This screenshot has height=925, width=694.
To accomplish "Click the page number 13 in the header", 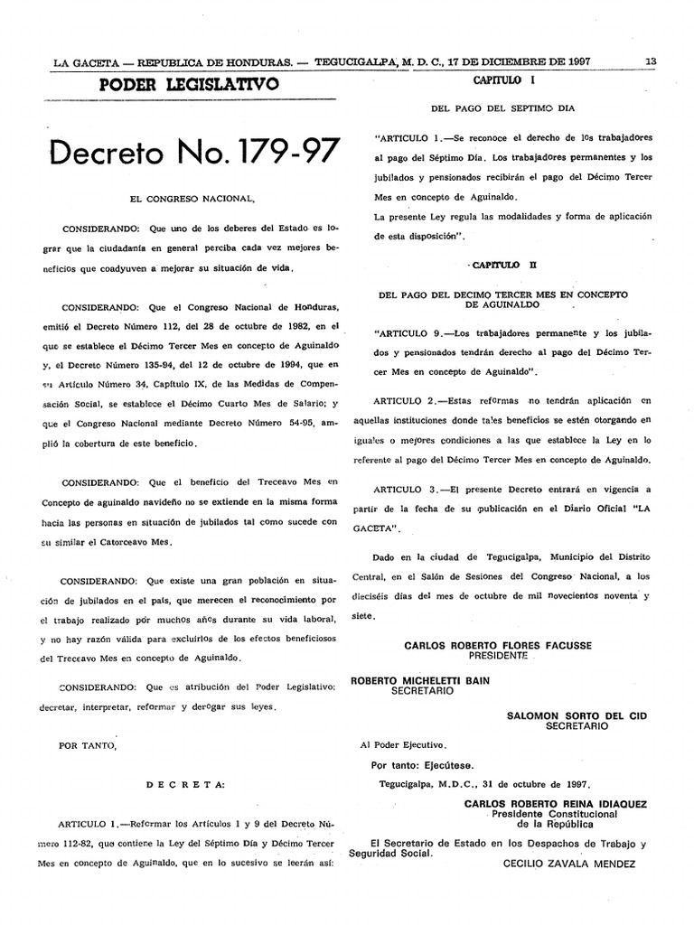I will (650, 62).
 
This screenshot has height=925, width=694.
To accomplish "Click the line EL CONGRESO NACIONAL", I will (194, 197).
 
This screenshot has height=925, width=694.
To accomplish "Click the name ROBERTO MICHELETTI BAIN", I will (420, 680).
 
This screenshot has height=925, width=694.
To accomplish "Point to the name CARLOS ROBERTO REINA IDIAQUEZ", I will (555, 803).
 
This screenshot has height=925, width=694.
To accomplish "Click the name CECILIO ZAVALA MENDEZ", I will (569, 864).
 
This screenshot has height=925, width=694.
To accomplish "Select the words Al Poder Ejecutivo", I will (402, 745).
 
